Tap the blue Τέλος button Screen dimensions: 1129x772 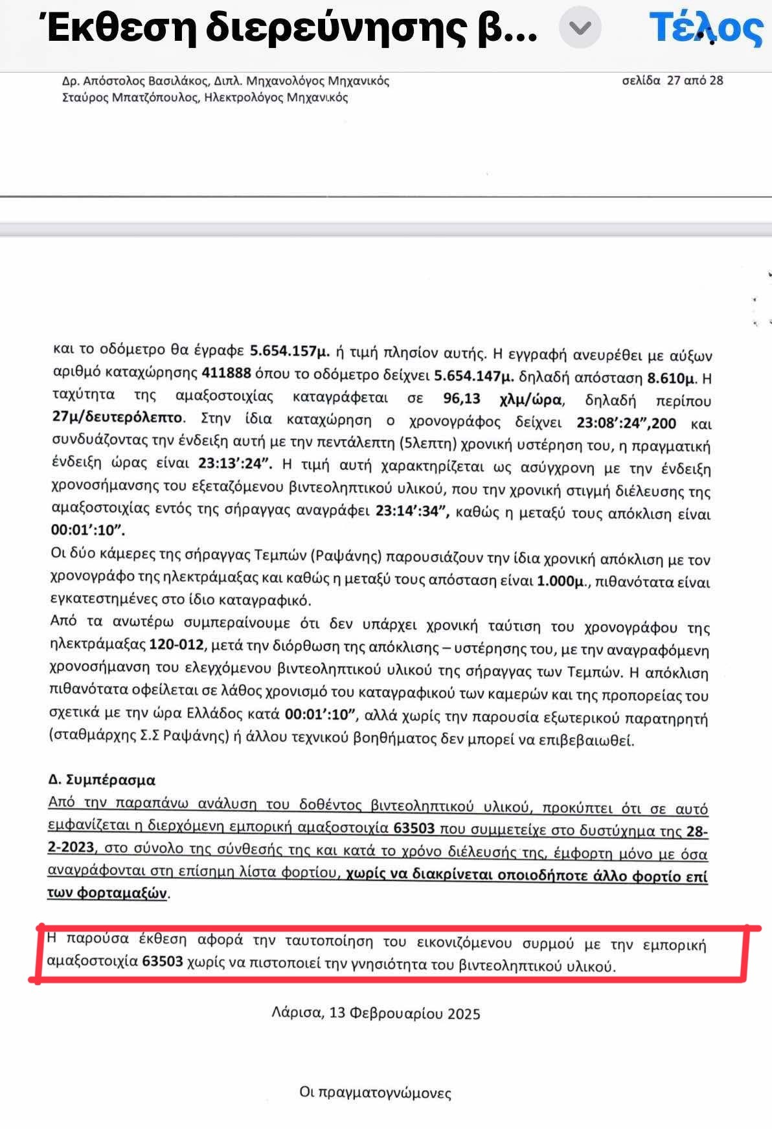[x=705, y=29]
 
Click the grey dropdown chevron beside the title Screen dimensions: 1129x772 [x=580, y=28]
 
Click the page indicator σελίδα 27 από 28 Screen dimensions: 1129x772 [x=672, y=81]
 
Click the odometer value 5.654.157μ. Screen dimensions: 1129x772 [x=290, y=352]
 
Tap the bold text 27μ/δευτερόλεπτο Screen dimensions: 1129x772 [x=118, y=418]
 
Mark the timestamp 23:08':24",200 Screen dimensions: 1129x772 [x=626, y=424]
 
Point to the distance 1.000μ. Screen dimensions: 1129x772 [x=561, y=581]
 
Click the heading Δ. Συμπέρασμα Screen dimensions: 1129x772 [x=102, y=780]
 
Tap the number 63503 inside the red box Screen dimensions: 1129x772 [x=163, y=961]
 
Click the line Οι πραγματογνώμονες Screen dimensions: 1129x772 [x=375, y=1093]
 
